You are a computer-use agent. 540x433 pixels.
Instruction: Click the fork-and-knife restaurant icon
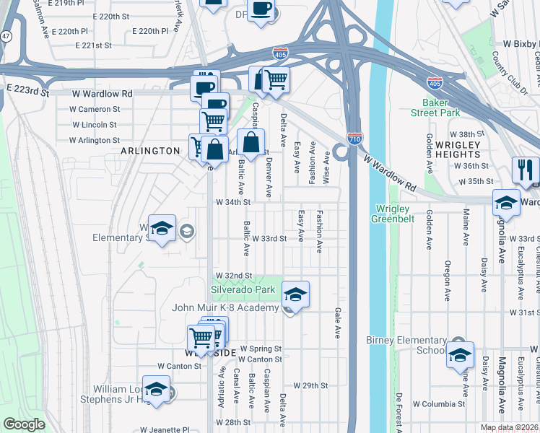click(x=524, y=170)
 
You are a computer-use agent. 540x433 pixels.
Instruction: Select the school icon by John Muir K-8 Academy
click(x=295, y=294)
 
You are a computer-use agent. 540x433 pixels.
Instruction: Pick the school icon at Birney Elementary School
click(x=459, y=354)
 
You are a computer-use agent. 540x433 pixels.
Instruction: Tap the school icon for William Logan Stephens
click(x=156, y=389)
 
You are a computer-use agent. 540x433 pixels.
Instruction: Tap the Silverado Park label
click(x=243, y=289)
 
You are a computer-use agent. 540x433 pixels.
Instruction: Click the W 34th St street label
click(x=233, y=202)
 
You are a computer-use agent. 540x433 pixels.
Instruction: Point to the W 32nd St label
click(x=233, y=276)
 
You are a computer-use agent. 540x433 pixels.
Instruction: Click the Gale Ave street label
click(x=338, y=323)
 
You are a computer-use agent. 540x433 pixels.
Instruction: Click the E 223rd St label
click(x=27, y=92)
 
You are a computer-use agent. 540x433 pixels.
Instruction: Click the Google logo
click(x=24, y=424)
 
